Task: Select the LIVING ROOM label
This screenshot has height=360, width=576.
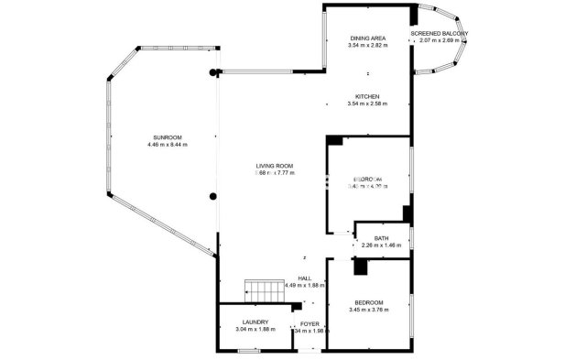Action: (x=274, y=165)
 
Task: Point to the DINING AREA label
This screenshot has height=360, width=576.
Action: (x=367, y=38)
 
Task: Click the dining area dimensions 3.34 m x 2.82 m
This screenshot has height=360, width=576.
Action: (x=367, y=45)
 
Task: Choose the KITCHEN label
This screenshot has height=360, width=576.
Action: (x=367, y=96)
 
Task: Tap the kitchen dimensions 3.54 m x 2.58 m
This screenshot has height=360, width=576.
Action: (x=367, y=104)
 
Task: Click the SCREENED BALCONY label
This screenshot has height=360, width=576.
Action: (x=440, y=33)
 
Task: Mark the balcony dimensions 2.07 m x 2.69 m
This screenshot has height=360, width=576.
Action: (x=440, y=40)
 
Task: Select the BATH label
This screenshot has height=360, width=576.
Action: (x=381, y=238)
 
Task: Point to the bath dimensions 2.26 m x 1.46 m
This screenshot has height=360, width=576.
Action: (x=381, y=245)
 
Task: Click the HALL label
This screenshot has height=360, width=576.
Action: (x=304, y=278)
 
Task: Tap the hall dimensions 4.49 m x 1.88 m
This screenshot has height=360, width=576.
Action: (x=304, y=285)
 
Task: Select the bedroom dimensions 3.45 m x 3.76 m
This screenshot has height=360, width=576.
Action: (x=369, y=310)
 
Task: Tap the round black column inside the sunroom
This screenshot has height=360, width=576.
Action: (x=213, y=195)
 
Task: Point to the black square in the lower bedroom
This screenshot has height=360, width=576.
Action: (x=361, y=267)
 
